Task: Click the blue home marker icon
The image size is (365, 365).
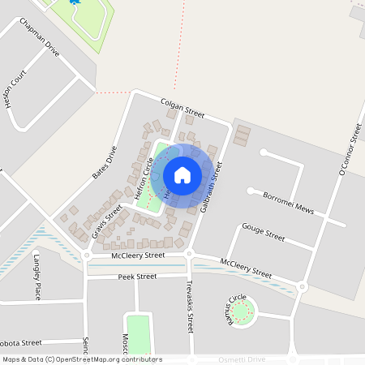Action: click(x=182, y=175)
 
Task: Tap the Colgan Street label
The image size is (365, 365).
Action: click(x=182, y=106)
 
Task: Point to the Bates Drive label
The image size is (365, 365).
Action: click(x=105, y=161)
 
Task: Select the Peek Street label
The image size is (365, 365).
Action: click(x=136, y=277)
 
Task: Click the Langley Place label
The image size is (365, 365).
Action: click(x=37, y=276)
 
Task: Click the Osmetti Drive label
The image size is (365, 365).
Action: click(x=243, y=359)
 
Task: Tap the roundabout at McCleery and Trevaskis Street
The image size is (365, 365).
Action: click(x=189, y=255)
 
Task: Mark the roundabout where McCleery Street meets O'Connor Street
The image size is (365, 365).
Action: click(x=302, y=286)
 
